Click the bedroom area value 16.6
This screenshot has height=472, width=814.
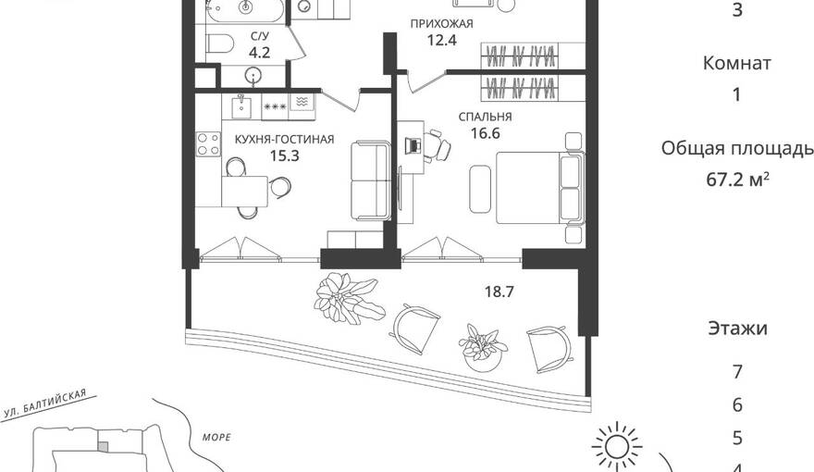pos(485,133)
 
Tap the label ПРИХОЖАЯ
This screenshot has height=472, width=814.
pos(442,24)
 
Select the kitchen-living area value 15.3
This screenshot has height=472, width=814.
pos(285,155)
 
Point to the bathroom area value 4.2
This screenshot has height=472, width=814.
pos(259,53)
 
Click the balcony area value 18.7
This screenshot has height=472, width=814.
pos(499,292)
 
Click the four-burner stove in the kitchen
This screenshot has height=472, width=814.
pos(208,143)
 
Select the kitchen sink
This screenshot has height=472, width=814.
pos(240,106)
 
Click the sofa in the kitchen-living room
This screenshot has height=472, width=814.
pos(370,180)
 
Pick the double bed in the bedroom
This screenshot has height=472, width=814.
pos(540,188)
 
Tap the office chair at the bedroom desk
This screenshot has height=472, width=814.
pos(437,146)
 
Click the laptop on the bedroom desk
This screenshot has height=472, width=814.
pos(413,145)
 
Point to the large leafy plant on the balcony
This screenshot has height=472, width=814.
pos(350,298)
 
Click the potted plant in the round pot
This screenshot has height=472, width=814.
pos(483,348)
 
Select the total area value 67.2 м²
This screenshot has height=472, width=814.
pos(737,180)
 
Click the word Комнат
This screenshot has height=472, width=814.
pos(736,63)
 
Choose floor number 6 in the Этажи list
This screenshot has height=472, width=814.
pos(737,405)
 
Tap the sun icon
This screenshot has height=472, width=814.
pos(617,447)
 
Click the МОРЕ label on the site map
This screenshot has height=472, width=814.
pos(216,437)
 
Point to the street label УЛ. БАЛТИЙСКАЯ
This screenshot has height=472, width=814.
pos(44,404)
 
